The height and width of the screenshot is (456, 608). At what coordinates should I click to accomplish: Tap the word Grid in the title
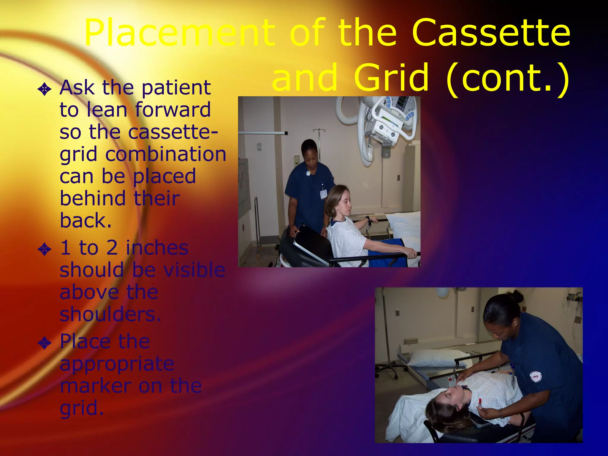click(391, 78)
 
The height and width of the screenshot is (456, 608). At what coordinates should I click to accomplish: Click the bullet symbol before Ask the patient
click(45, 89)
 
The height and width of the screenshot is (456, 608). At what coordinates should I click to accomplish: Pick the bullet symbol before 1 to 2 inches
click(45, 249)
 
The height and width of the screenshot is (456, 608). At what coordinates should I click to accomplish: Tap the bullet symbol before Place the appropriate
click(45, 343)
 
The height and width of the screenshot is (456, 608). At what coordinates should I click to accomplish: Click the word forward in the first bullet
click(173, 110)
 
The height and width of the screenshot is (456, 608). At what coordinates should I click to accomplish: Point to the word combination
click(166, 154)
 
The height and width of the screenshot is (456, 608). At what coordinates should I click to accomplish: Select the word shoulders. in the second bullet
click(110, 314)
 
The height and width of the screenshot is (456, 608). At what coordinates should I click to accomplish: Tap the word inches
click(157, 248)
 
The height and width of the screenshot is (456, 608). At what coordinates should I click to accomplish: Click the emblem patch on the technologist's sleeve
click(536, 377)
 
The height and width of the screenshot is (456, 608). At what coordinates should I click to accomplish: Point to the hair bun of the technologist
click(517, 296)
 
